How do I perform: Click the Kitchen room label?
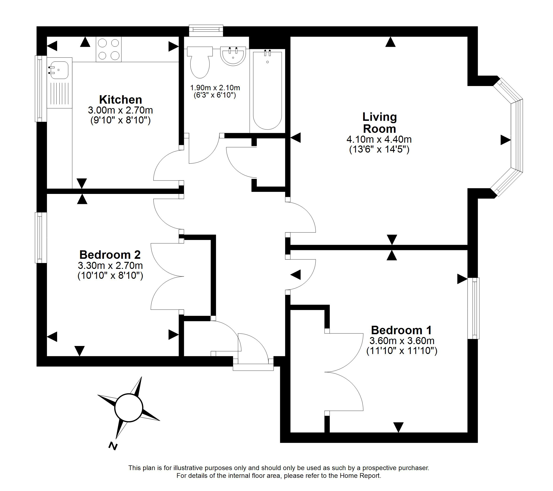pos(120,100)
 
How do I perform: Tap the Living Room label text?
pos(380,122)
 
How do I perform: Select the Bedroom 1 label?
pos(401,330)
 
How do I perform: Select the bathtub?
pos(267,91)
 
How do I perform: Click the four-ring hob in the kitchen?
pos(109,49)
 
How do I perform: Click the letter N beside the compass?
pos(113,446)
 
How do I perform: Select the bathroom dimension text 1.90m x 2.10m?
pos(215,88)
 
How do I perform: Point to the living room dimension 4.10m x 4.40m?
pos(379,139)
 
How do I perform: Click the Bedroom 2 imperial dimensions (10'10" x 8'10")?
pos(110,275)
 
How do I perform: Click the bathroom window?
pos(206,31)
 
